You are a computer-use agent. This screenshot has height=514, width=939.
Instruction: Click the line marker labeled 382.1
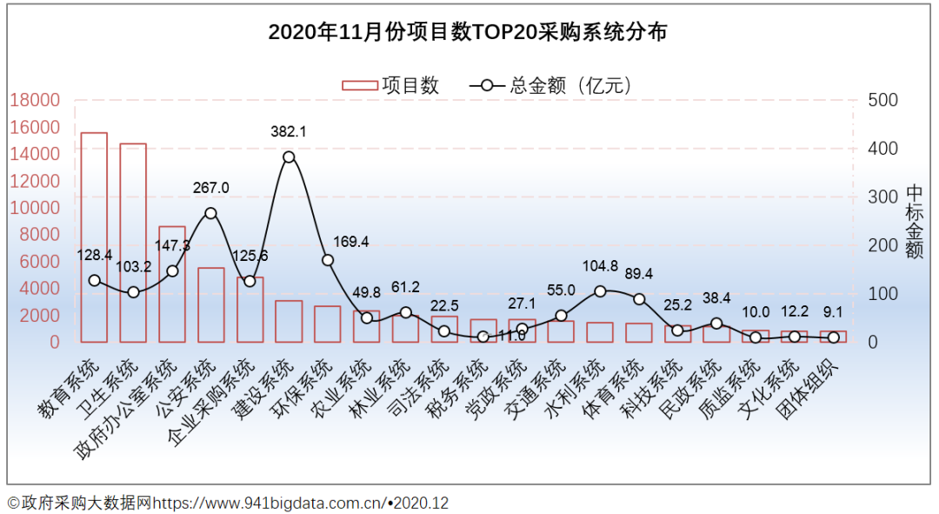(290, 157)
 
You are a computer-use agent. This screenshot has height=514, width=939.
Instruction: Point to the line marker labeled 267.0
(210, 213)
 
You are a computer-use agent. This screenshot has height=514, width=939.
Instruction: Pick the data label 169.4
(350, 242)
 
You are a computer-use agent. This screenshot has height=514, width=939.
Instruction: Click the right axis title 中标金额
(914, 221)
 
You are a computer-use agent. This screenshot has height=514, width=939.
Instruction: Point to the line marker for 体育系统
(639, 299)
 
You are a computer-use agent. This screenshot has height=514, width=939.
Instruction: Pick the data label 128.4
(94, 256)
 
